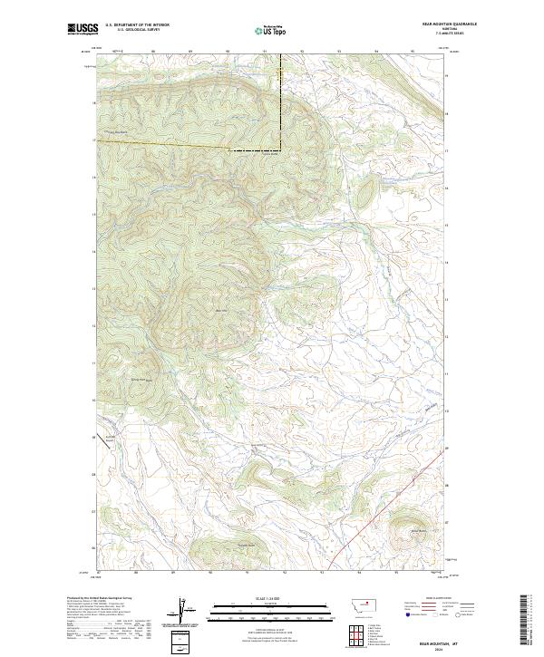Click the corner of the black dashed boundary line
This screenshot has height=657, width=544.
[279, 149]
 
